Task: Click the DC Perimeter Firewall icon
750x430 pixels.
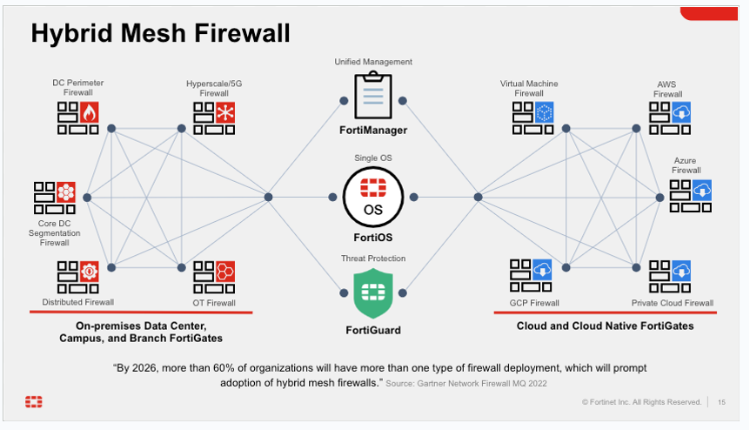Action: click(x=77, y=118)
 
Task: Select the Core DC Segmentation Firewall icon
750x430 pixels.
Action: click(x=54, y=198)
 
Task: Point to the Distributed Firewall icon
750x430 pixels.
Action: click(x=77, y=277)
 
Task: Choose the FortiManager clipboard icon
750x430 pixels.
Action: click(x=373, y=96)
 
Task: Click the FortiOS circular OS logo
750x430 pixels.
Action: click(x=372, y=196)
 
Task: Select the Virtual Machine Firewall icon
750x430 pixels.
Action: click(x=532, y=118)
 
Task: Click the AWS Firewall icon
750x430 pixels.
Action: click(x=670, y=118)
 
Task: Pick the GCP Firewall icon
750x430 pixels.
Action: click(x=532, y=277)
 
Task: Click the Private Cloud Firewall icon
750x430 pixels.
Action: click(x=670, y=277)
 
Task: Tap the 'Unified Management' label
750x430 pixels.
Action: click(x=373, y=62)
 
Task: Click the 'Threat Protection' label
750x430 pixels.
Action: click(x=373, y=259)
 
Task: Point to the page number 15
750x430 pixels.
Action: click(x=722, y=401)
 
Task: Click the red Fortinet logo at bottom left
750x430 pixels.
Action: click(x=33, y=401)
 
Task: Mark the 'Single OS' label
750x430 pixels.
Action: click(x=372, y=158)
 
